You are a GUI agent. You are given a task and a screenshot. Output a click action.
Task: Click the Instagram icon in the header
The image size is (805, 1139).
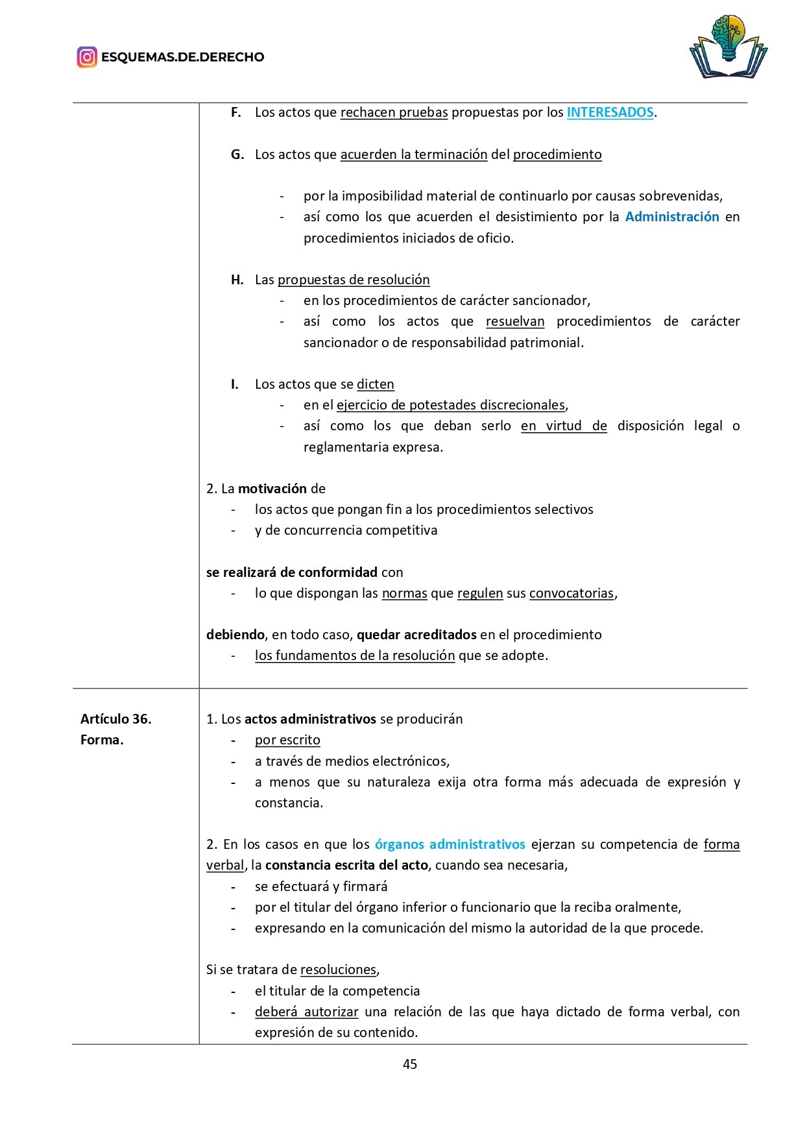point(87,57)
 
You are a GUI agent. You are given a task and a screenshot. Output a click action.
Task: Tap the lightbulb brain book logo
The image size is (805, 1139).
point(728,47)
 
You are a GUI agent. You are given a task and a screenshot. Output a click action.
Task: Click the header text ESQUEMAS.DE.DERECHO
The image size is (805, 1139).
point(183,57)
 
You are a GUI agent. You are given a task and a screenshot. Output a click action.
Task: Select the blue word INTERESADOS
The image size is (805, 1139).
point(610,112)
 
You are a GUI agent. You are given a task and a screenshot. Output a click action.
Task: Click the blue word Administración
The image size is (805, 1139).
point(672,217)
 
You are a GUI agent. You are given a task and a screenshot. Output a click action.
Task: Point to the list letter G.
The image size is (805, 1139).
point(237,154)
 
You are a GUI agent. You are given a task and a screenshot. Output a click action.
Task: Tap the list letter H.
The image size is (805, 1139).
point(237,280)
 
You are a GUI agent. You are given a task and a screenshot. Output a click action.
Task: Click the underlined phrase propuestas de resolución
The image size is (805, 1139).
point(354,280)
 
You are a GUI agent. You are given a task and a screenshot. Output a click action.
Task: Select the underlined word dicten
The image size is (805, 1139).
point(376,384)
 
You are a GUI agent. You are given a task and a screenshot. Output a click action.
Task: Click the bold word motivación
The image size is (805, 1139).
point(272,489)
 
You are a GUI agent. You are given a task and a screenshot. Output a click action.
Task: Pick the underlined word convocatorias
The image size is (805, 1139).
point(571,593)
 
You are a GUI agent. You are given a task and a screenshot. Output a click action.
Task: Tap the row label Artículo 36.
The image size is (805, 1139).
point(116,719)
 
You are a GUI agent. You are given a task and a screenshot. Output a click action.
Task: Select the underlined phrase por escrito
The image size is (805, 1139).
point(287,740)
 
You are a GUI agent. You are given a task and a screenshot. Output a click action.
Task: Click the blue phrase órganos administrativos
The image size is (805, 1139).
point(450,844)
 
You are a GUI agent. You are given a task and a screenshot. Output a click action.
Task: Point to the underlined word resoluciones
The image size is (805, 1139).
point(339,970)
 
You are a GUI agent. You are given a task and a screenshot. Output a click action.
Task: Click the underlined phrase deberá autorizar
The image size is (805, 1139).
point(306,1012)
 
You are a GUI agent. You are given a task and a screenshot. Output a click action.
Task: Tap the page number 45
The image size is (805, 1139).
point(410,1064)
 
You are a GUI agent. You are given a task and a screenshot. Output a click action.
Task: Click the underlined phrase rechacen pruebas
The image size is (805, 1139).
point(394,112)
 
